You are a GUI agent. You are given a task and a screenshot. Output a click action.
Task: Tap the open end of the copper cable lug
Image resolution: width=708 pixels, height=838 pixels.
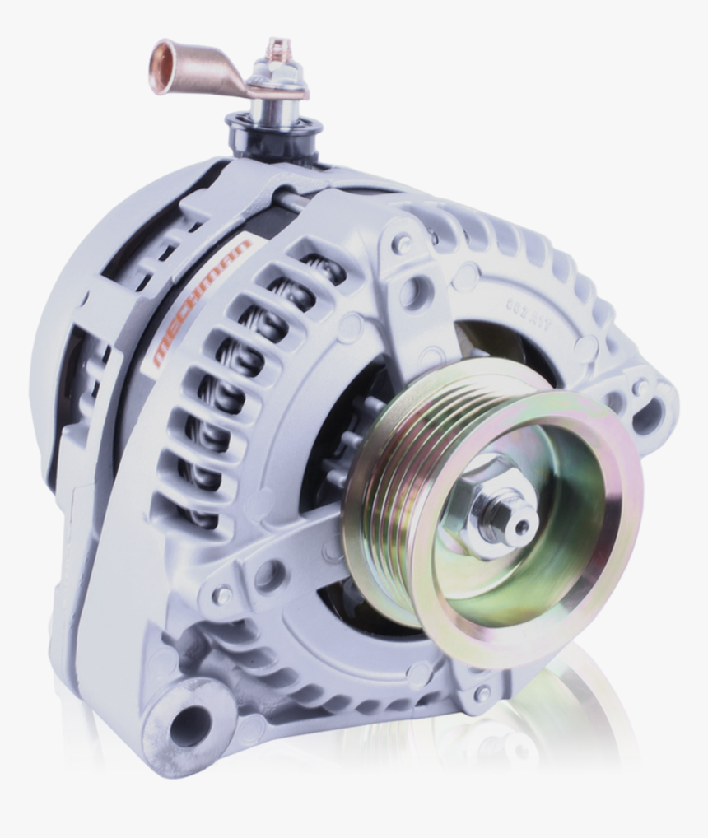[159, 65]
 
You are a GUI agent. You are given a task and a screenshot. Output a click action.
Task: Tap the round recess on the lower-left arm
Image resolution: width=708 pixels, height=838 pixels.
[269, 575]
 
